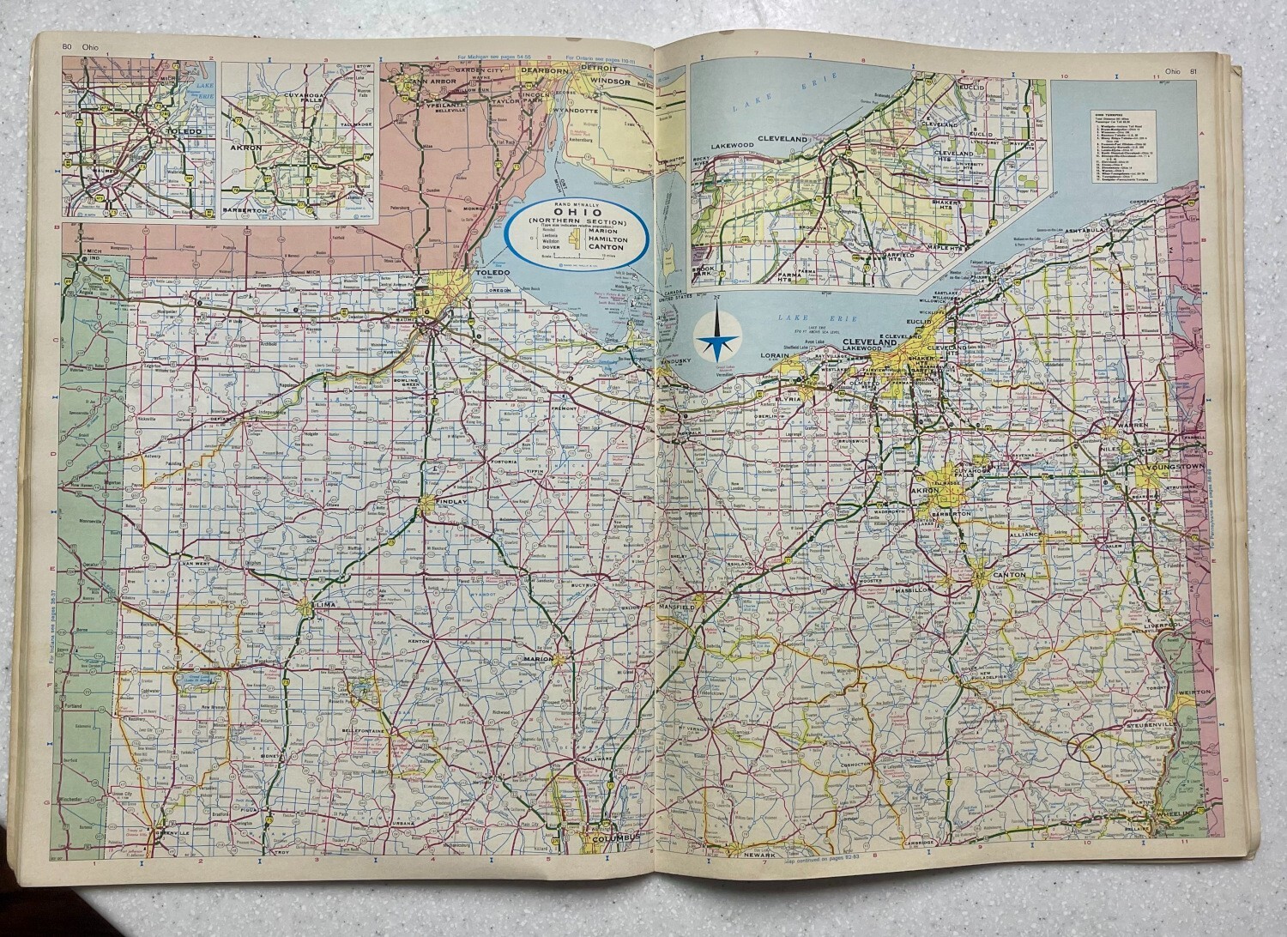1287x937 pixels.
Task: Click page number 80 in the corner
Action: tap(66, 47)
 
